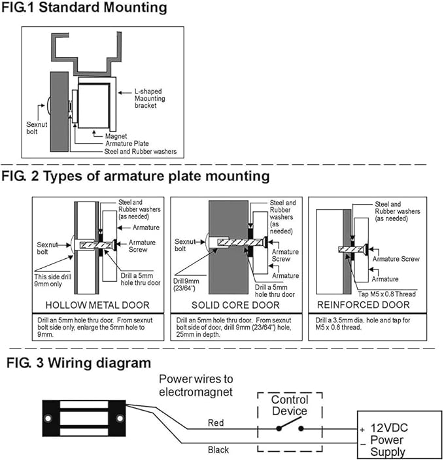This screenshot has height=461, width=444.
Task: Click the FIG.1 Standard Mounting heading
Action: pos(84,7)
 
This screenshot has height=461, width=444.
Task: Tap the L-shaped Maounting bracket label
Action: pos(150,99)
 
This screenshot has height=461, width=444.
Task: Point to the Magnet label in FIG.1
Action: pos(116,136)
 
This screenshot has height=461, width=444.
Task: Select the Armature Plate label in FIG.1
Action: pos(127,143)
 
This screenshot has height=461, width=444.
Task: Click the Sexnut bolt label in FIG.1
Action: pos(37,128)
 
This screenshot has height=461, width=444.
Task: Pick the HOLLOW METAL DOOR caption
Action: pos(97,305)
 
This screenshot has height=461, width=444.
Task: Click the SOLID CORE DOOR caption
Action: pos(235,305)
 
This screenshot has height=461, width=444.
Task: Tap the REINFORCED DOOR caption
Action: pos(364,305)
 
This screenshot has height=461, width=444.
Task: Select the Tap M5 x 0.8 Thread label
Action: pos(387,294)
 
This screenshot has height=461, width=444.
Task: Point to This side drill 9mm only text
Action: pos(52,280)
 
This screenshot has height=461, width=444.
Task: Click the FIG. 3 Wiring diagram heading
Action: pos(79,363)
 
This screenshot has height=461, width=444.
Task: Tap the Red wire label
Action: pos(216,423)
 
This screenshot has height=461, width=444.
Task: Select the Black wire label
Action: pos(218,450)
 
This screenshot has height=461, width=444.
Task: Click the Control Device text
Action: pos(290,405)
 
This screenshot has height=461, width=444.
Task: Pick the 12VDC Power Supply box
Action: pos(400,435)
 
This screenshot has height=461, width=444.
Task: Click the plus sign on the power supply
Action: pos(362,430)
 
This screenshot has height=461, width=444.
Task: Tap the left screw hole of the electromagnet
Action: pos(48,418)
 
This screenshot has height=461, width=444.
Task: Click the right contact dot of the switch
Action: pos(301,429)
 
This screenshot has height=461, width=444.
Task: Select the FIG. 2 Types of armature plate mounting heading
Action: pos(135,176)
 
